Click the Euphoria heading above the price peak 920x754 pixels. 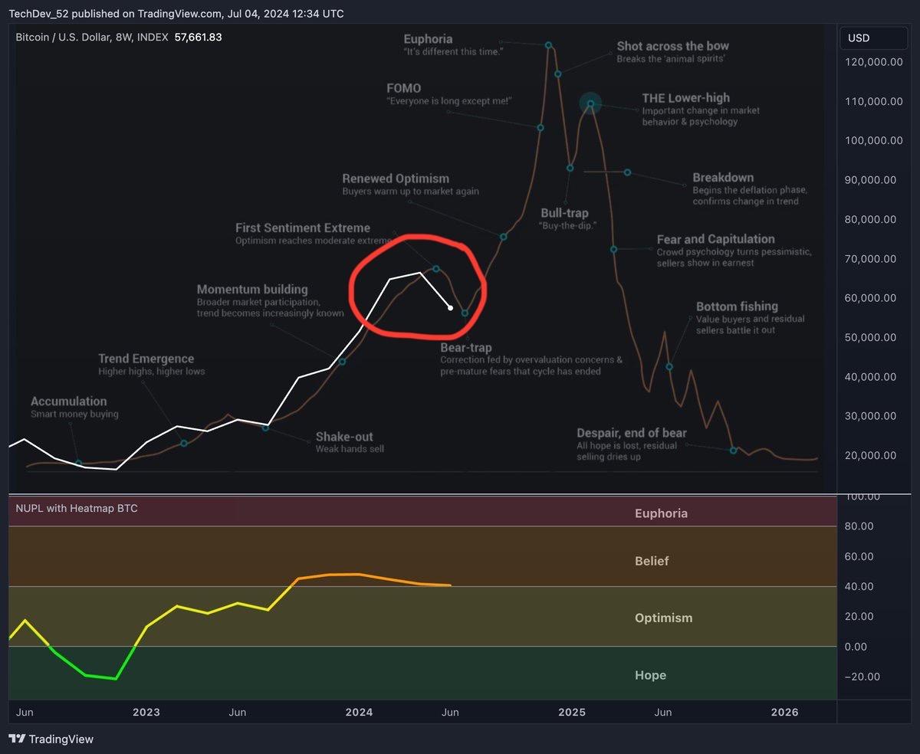[428, 39]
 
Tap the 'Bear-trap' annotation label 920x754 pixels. [465, 348]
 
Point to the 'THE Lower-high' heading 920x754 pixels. [685, 98]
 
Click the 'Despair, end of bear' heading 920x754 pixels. [632, 433]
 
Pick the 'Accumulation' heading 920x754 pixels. [68, 402]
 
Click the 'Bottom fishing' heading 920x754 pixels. [737, 307]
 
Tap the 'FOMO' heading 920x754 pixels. [403, 88]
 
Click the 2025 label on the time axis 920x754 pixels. [571, 712]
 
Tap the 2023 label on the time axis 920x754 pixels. [146, 712]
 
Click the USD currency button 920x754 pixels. [859, 38]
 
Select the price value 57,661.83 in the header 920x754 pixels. [198, 37]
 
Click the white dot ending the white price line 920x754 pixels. [450, 308]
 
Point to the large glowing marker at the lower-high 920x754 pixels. [590, 103]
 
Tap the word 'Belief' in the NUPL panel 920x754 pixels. [652, 561]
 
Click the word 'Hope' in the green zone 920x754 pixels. [650, 675]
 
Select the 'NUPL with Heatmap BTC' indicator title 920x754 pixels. [77, 508]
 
